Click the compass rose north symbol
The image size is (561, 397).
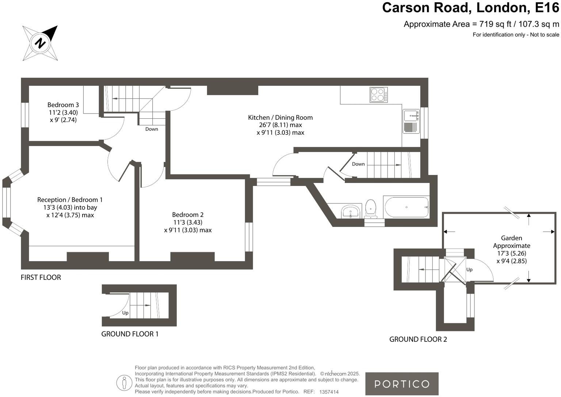[x=40, y=43]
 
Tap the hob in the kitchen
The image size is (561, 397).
[x=378, y=95]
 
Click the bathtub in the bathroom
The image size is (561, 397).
[x=407, y=207]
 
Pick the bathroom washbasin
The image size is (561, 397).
[x=351, y=211]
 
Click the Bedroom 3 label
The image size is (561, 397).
[x=63, y=105]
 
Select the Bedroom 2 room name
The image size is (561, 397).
[x=188, y=215]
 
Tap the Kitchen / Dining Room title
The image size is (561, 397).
[x=280, y=118]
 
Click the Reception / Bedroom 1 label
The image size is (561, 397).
[x=70, y=200]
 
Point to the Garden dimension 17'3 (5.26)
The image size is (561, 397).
[x=511, y=253]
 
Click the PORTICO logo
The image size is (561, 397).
[x=402, y=384]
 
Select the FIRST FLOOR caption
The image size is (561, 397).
[x=41, y=278]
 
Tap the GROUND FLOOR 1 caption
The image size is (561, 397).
[x=130, y=334]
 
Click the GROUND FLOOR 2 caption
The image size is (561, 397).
[x=418, y=339]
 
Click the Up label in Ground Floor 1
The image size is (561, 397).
[x=125, y=313]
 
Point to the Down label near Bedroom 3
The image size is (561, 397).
[x=152, y=129]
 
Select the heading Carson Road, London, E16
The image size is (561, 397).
[x=470, y=8]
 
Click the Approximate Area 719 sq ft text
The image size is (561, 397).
[x=481, y=24]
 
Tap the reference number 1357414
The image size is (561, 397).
[x=329, y=392]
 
